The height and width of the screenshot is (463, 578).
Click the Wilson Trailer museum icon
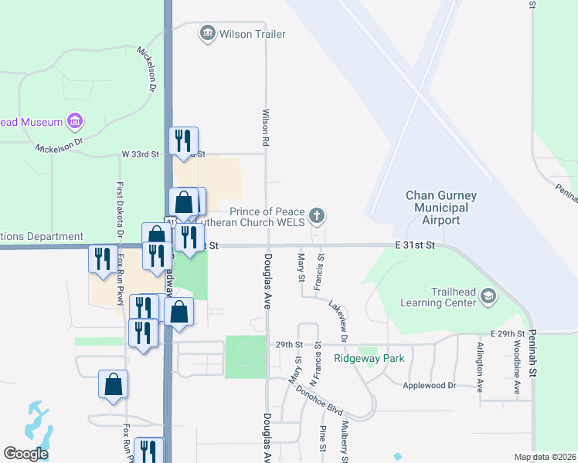click(x=207, y=33)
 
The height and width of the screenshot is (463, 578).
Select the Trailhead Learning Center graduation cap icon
click(x=488, y=296)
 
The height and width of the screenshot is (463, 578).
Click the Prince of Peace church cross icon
click(x=316, y=214)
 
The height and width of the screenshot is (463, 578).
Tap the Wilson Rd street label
click(x=265, y=128)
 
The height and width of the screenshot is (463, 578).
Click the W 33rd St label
click(x=140, y=154)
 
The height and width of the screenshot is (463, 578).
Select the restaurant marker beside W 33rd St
click(x=183, y=140)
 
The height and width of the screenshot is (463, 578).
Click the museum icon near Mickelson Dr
click(x=75, y=121)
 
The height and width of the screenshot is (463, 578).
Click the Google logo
click(x=25, y=454)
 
